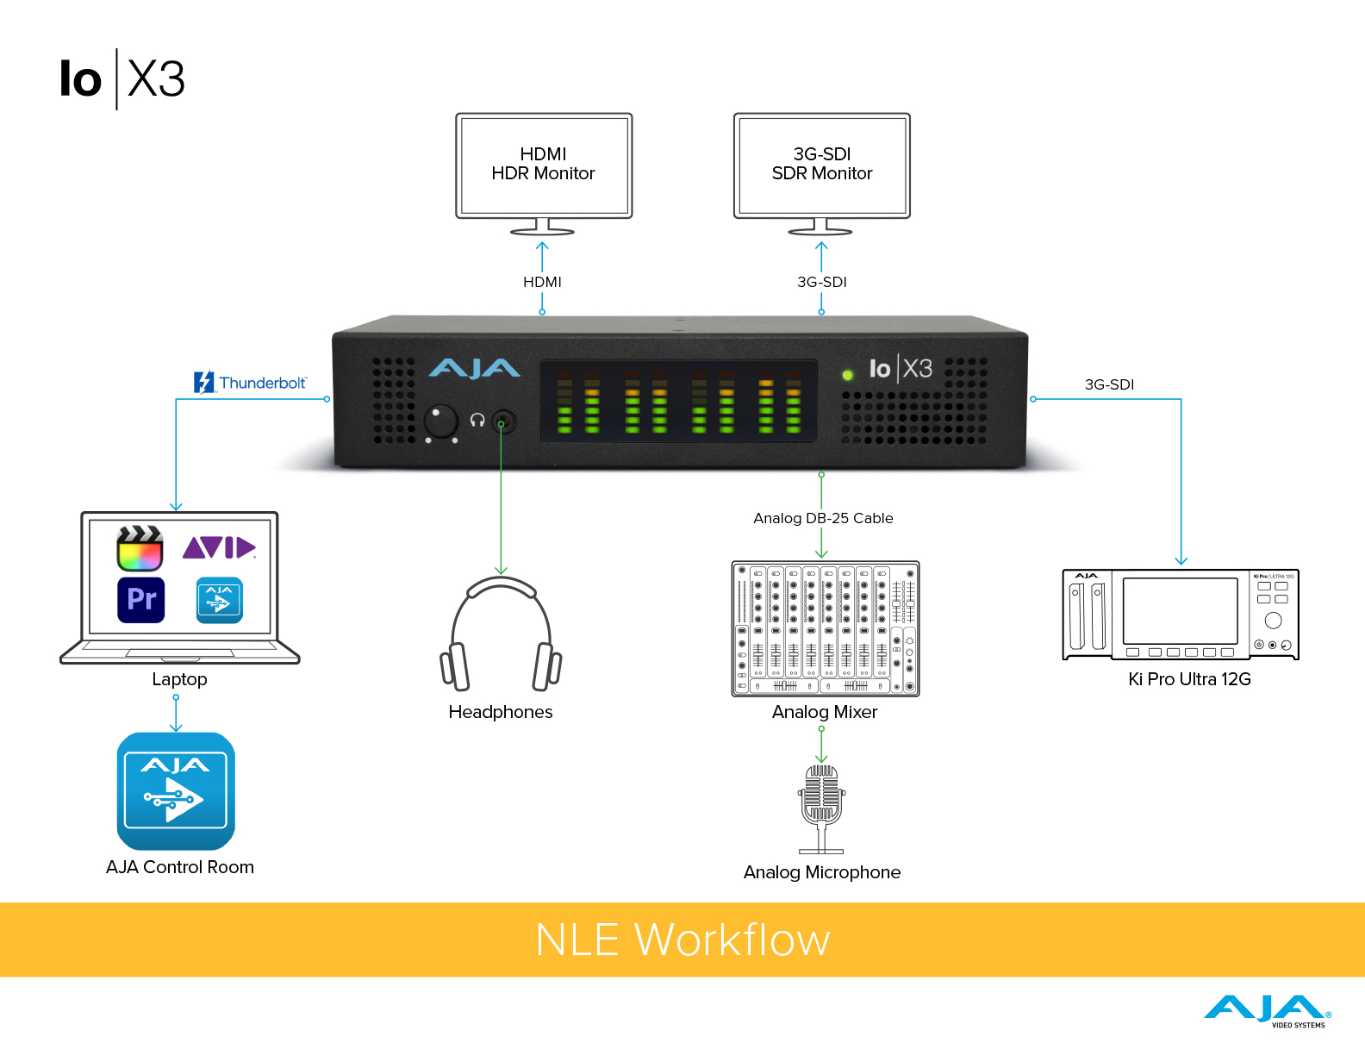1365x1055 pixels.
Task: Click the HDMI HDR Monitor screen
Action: (544, 165)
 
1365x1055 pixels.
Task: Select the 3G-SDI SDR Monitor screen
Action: (821, 165)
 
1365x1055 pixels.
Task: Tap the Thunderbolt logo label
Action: (250, 382)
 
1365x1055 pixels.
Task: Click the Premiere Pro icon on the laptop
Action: (140, 599)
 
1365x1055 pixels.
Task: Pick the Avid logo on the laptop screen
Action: (219, 547)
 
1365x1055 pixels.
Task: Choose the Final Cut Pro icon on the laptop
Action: (140, 548)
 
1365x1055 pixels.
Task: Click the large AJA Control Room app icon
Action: (176, 791)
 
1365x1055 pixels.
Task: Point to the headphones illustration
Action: (501, 634)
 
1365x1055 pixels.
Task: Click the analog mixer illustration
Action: (825, 628)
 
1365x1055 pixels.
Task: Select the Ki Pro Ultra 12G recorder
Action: (1180, 615)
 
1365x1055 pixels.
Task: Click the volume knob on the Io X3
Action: (441, 421)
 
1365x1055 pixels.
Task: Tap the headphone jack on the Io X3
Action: (503, 421)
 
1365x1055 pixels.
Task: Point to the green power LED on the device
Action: (847, 374)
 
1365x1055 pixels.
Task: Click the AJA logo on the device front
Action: (474, 369)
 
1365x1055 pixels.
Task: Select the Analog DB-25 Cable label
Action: (823, 518)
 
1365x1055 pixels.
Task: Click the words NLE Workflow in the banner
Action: (682, 940)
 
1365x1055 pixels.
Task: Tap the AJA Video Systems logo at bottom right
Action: (1267, 1011)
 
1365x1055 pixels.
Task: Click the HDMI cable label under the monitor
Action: (542, 282)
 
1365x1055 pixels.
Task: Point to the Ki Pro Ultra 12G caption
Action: (1189, 679)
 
